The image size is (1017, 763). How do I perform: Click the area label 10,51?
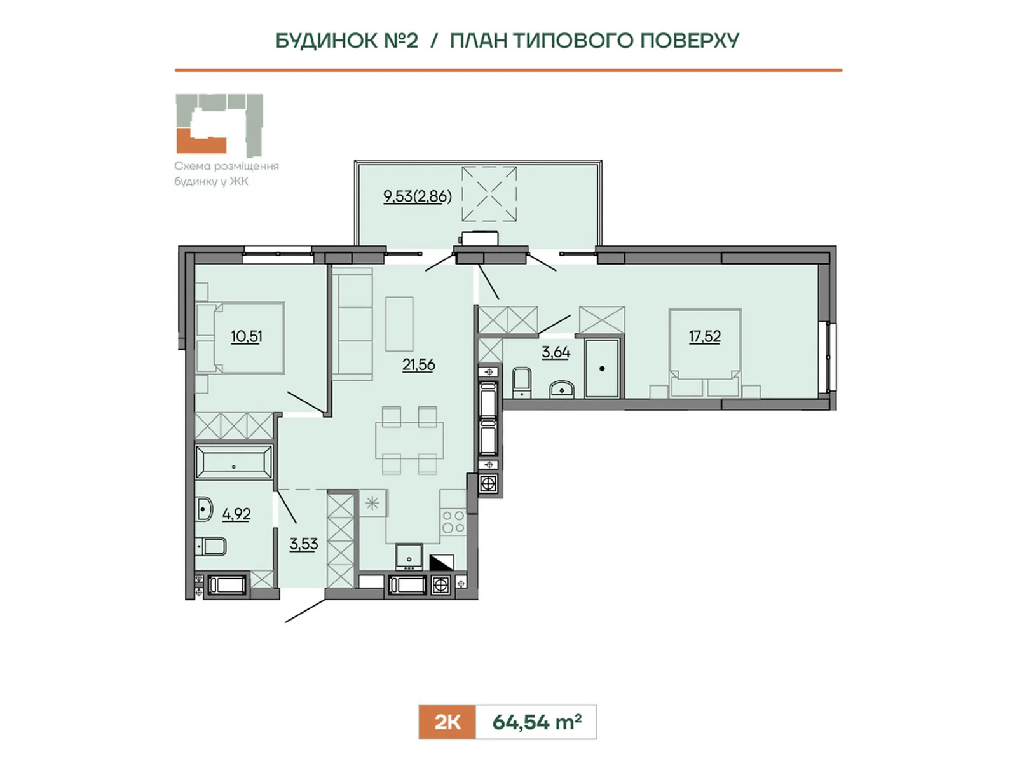[x=247, y=336]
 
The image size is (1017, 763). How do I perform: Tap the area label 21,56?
[x=418, y=365]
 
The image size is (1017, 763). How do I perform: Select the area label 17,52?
[x=704, y=336]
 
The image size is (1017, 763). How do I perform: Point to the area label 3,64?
[x=556, y=352]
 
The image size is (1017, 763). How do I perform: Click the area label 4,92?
[x=236, y=514]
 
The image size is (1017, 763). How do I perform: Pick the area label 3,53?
[x=303, y=544]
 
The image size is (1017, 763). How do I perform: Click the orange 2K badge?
[x=447, y=722]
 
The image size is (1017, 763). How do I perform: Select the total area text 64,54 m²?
[x=536, y=722]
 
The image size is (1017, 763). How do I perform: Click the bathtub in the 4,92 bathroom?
[x=234, y=462]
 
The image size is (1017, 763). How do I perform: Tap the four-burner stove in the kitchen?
[x=453, y=522]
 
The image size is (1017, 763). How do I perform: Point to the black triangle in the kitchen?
[x=442, y=563]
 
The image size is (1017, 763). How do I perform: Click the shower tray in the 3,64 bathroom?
[x=602, y=368]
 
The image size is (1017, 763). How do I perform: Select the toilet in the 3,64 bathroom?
[x=522, y=383]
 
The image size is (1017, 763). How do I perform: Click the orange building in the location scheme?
[x=201, y=141]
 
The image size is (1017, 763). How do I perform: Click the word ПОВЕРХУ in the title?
[x=690, y=41]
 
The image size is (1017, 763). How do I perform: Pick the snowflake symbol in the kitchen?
[x=372, y=503]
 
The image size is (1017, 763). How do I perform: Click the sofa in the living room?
[x=353, y=324]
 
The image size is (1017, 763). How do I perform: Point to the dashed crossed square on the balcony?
[x=489, y=194]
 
